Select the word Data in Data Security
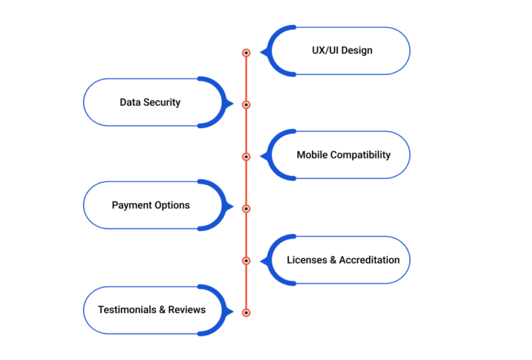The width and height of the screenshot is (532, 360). coord(130,102)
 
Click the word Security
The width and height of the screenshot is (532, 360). coord(162,102)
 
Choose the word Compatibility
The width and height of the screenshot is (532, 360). coord(361,155)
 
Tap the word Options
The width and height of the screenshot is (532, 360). coord(172,206)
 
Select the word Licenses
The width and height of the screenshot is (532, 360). coord(307,260)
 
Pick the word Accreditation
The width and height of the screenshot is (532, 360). coord(369,260)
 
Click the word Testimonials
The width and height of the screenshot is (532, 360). coord(127,309)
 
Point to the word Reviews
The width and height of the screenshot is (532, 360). coord(187,309)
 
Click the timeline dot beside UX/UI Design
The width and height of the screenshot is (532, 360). coord(247,53)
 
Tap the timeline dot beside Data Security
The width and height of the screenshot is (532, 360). coord(247,105)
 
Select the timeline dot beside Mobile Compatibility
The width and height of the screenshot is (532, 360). coord(247,156)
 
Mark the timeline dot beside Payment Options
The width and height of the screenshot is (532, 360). coord(247,209)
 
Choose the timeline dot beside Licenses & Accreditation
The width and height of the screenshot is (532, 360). coord(247,261)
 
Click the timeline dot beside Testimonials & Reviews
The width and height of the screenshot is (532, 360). coord(247,312)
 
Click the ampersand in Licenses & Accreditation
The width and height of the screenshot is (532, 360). coord(333,260)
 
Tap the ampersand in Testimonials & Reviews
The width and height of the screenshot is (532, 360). coord(162,309)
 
